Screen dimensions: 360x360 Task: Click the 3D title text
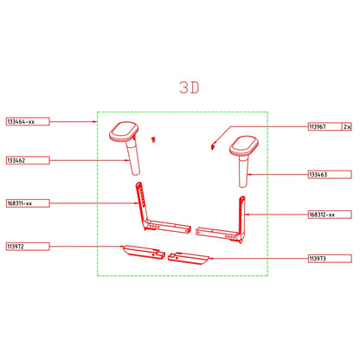(x=190, y=87)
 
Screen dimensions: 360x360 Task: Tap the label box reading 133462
(x=28, y=160)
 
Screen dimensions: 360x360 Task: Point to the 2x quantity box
(x=347, y=126)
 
